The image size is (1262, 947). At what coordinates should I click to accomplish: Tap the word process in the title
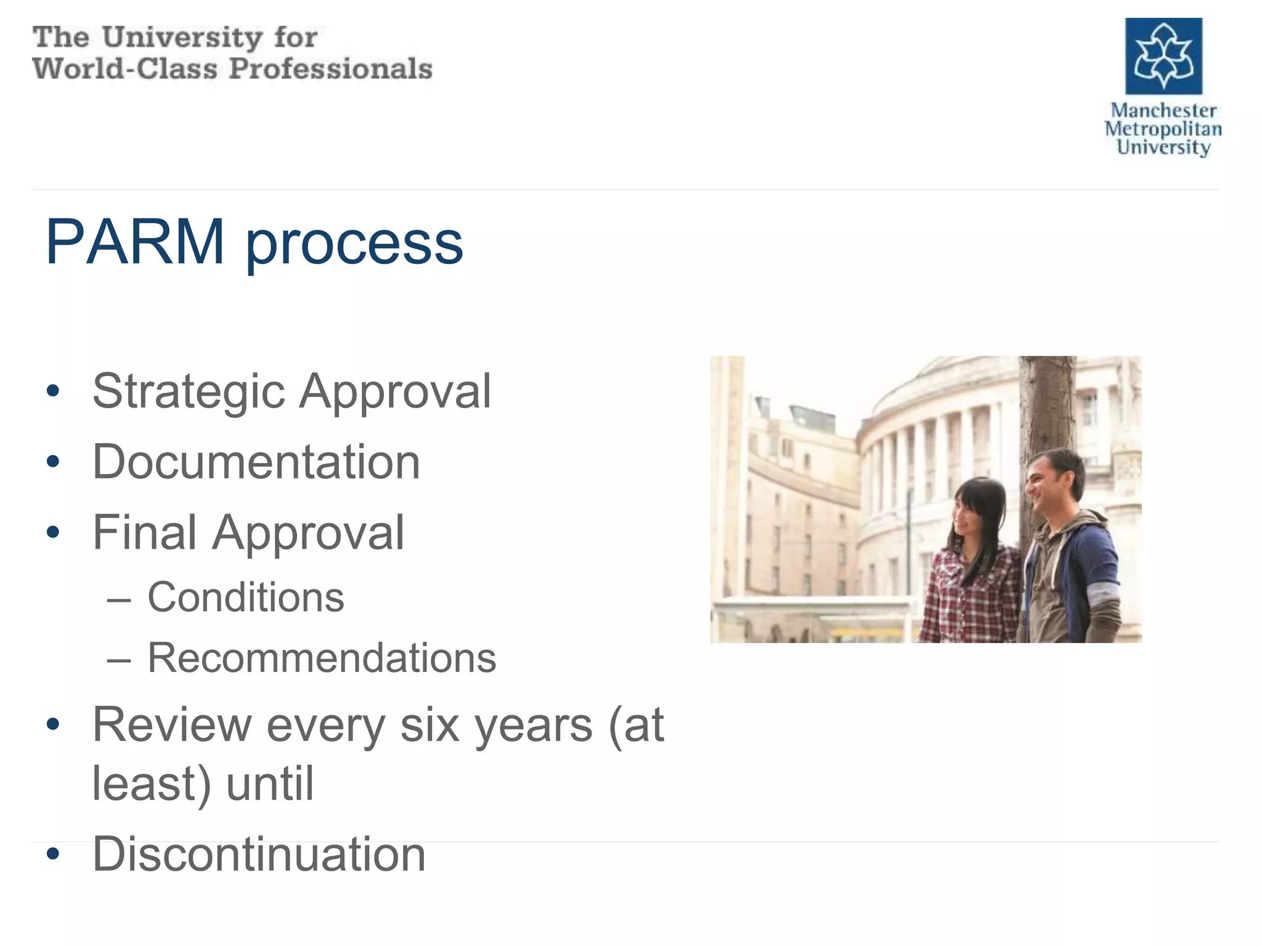[354, 244]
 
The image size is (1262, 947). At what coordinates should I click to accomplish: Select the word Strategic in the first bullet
[189, 392]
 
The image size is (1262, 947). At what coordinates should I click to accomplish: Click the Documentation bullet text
[256, 462]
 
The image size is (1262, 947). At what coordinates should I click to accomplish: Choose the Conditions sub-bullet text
[246, 597]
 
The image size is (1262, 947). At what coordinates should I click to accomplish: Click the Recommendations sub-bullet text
[322, 658]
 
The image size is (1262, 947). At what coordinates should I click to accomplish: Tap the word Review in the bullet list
[172, 726]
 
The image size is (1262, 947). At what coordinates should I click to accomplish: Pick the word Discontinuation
[259, 855]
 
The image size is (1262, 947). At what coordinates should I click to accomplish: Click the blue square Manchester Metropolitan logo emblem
[1163, 56]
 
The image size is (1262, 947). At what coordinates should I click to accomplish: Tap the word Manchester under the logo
[1163, 110]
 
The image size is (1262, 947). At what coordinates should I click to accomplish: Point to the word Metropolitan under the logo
[1163, 129]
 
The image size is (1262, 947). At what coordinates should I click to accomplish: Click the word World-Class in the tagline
[124, 68]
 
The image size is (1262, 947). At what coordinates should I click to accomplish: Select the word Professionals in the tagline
[330, 68]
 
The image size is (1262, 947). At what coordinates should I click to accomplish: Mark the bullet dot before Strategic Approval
[54, 391]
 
